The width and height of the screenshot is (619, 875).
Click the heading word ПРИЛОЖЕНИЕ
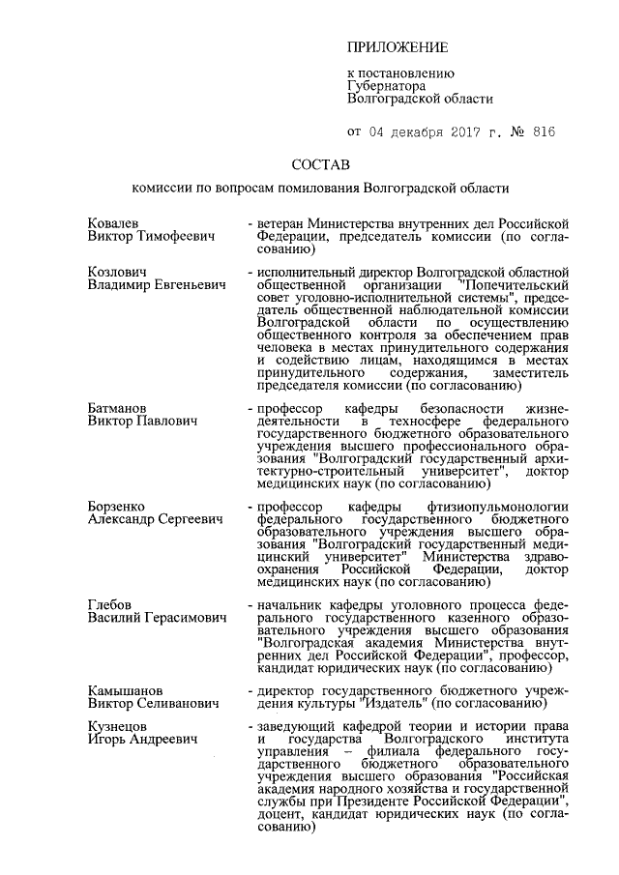pos(398,47)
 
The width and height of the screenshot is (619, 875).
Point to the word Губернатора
pos(387,85)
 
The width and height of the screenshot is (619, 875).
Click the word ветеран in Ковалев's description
pos(281,222)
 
